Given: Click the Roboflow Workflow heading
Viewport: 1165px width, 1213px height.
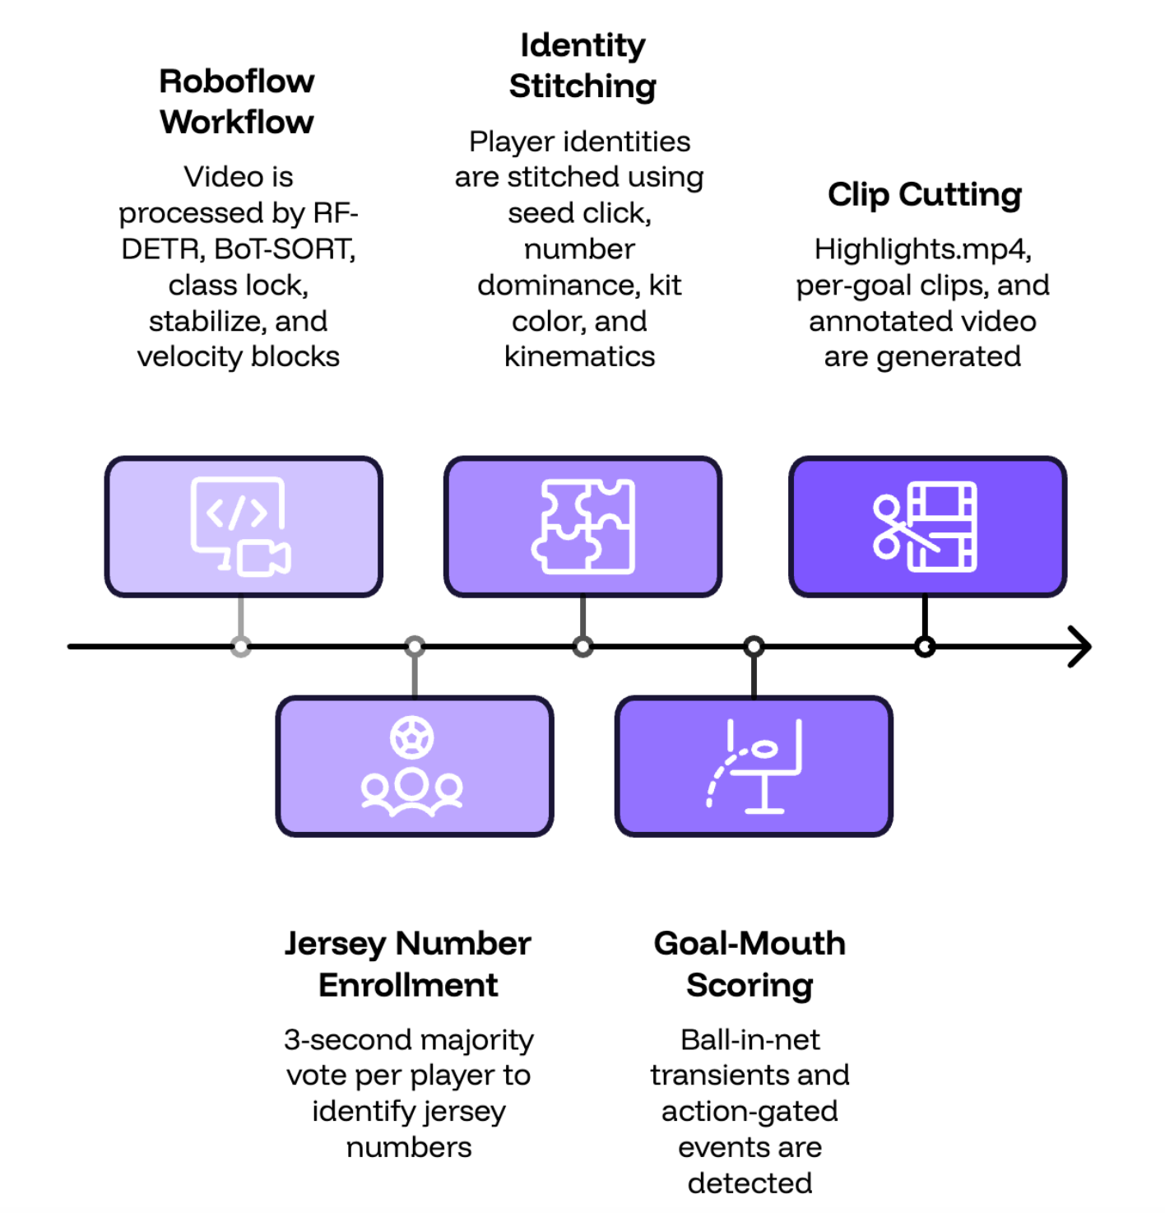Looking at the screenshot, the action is (236, 101).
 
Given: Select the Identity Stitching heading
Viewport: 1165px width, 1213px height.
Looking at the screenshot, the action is (582, 66).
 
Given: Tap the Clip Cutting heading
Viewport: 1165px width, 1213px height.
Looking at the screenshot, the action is (925, 194).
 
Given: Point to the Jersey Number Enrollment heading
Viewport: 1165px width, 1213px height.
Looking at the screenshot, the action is (407, 964).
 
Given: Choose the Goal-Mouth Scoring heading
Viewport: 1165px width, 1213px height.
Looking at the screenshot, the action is (750, 964).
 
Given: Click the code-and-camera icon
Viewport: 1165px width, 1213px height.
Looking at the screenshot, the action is (240, 526).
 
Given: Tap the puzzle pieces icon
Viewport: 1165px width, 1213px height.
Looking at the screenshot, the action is (582, 526).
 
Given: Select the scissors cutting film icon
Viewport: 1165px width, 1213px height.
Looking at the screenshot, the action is (925, 526).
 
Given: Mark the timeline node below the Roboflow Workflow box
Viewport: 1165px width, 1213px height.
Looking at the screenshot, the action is (240, 646).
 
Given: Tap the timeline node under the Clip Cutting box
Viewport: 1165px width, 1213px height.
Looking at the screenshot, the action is (925, 646).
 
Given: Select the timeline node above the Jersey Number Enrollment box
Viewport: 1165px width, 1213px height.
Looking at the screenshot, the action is (415, 646).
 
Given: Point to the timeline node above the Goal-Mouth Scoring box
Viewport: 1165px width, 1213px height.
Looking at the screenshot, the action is (754, 646).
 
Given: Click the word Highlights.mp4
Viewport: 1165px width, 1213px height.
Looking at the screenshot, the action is (922, 249).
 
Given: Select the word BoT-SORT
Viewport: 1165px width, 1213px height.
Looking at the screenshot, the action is (284, 249).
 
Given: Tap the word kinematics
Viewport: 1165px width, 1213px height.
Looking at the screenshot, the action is (579, 356).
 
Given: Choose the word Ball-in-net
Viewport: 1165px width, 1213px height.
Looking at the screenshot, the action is (750, 1039).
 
